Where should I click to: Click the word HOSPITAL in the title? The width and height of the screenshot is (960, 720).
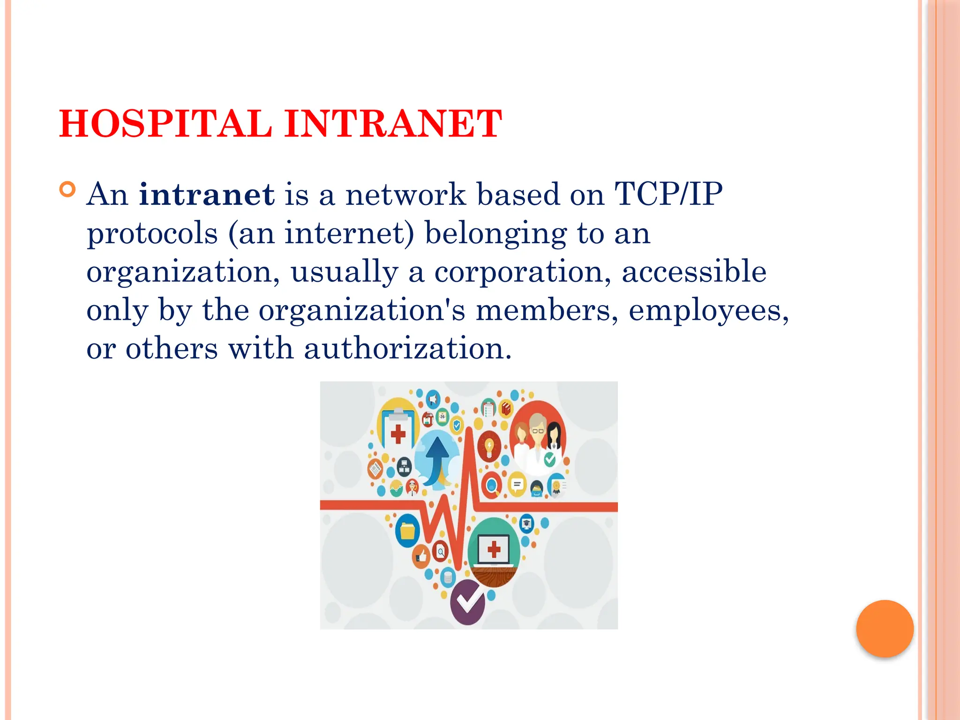point(165,124)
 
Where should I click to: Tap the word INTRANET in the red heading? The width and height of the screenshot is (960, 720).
point(393,124)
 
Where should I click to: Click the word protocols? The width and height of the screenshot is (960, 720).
point(152,234)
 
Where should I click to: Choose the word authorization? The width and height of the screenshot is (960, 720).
point(407,349)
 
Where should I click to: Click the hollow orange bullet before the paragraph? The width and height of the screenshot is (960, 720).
point(68,190)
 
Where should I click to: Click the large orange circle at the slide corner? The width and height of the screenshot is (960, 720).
point(885,629)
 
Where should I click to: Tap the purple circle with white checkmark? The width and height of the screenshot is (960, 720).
point(468,601)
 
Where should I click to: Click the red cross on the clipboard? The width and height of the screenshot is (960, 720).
point(398,434)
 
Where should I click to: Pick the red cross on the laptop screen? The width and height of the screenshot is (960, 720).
point(494,549)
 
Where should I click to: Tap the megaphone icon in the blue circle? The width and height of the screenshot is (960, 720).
point(433,399)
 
